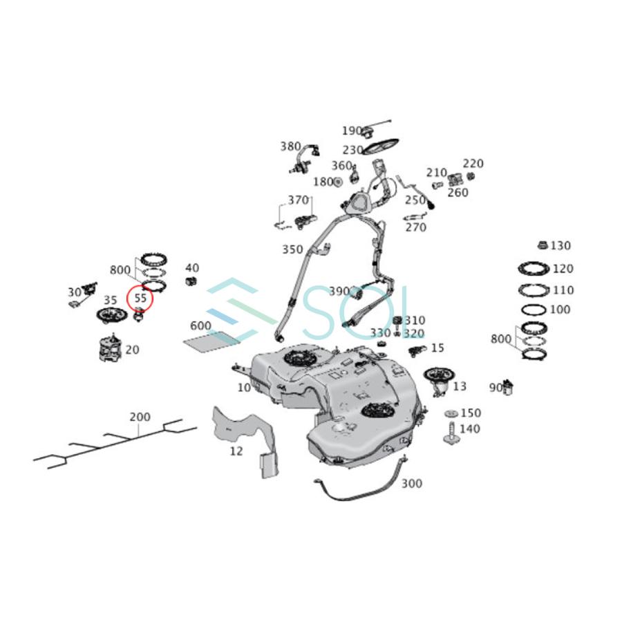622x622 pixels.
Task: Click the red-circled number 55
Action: pos(140,299)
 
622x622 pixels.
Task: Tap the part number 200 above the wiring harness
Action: pos(140,417)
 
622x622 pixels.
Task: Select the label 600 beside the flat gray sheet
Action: pos(200,326)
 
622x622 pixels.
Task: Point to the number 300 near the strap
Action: pos(411,484)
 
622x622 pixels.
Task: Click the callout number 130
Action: pos(561,245)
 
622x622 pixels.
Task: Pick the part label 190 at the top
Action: pos(352,131)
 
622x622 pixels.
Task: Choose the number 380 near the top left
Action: pos(290,147)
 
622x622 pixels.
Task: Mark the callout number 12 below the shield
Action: pos(236,451)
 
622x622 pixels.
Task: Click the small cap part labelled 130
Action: pos(543,245)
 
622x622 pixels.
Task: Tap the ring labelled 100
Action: pos(534,310)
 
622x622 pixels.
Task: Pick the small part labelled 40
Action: pos(192,281)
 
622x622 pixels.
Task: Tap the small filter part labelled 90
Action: pos(510,387)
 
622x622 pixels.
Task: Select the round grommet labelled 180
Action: pos(338,182)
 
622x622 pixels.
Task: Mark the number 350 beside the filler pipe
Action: pos(292,249)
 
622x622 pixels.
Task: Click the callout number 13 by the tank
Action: pos(460,386)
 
